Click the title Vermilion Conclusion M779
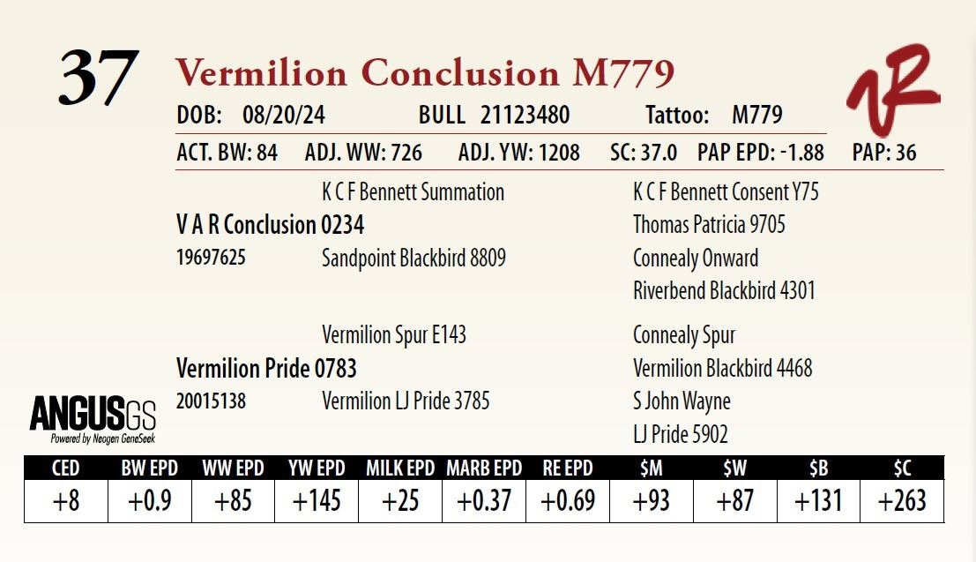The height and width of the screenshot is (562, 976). (x=425, y=73)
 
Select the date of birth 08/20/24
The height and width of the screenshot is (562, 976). (x=277, y=116)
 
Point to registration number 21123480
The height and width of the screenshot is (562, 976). (x=525, y=116)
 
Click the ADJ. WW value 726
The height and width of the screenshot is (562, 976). (x=406, y=153)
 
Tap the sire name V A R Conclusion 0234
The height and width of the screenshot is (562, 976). (x=270, y=225)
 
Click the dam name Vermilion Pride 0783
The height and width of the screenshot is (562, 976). (x=266, y=368)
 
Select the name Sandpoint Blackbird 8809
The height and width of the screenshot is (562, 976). (x=413, y=259)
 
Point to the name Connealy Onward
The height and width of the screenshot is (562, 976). (x=696, y=259)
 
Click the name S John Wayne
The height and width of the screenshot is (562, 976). (x=682, y=401)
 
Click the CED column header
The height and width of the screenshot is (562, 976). (x=66, y=468)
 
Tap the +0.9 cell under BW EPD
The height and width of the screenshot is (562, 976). (x=149, y=501)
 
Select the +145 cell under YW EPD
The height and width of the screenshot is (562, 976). (x=317, y=501)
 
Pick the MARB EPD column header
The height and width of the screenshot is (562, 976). (x=484, y=468)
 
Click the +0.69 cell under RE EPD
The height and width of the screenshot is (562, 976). (x=567, y=501)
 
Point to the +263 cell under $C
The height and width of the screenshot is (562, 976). (x=902, y=501)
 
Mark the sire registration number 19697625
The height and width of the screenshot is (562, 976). (x=211, y=259)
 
